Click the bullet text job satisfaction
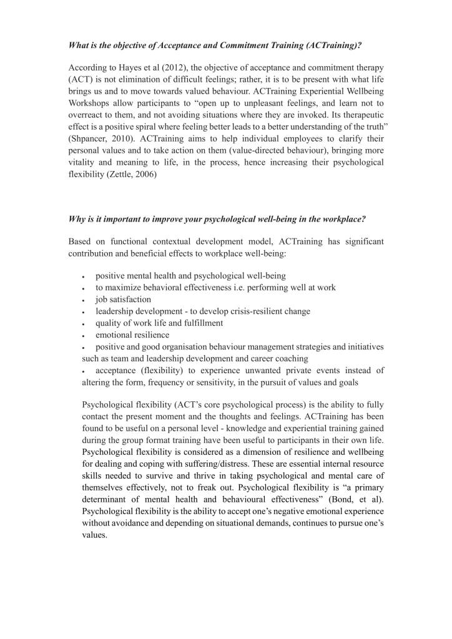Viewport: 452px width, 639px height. tap(123, 300)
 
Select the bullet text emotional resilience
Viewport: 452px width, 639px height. tap(132, 335)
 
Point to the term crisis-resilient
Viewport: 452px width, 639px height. tap(255, 311)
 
